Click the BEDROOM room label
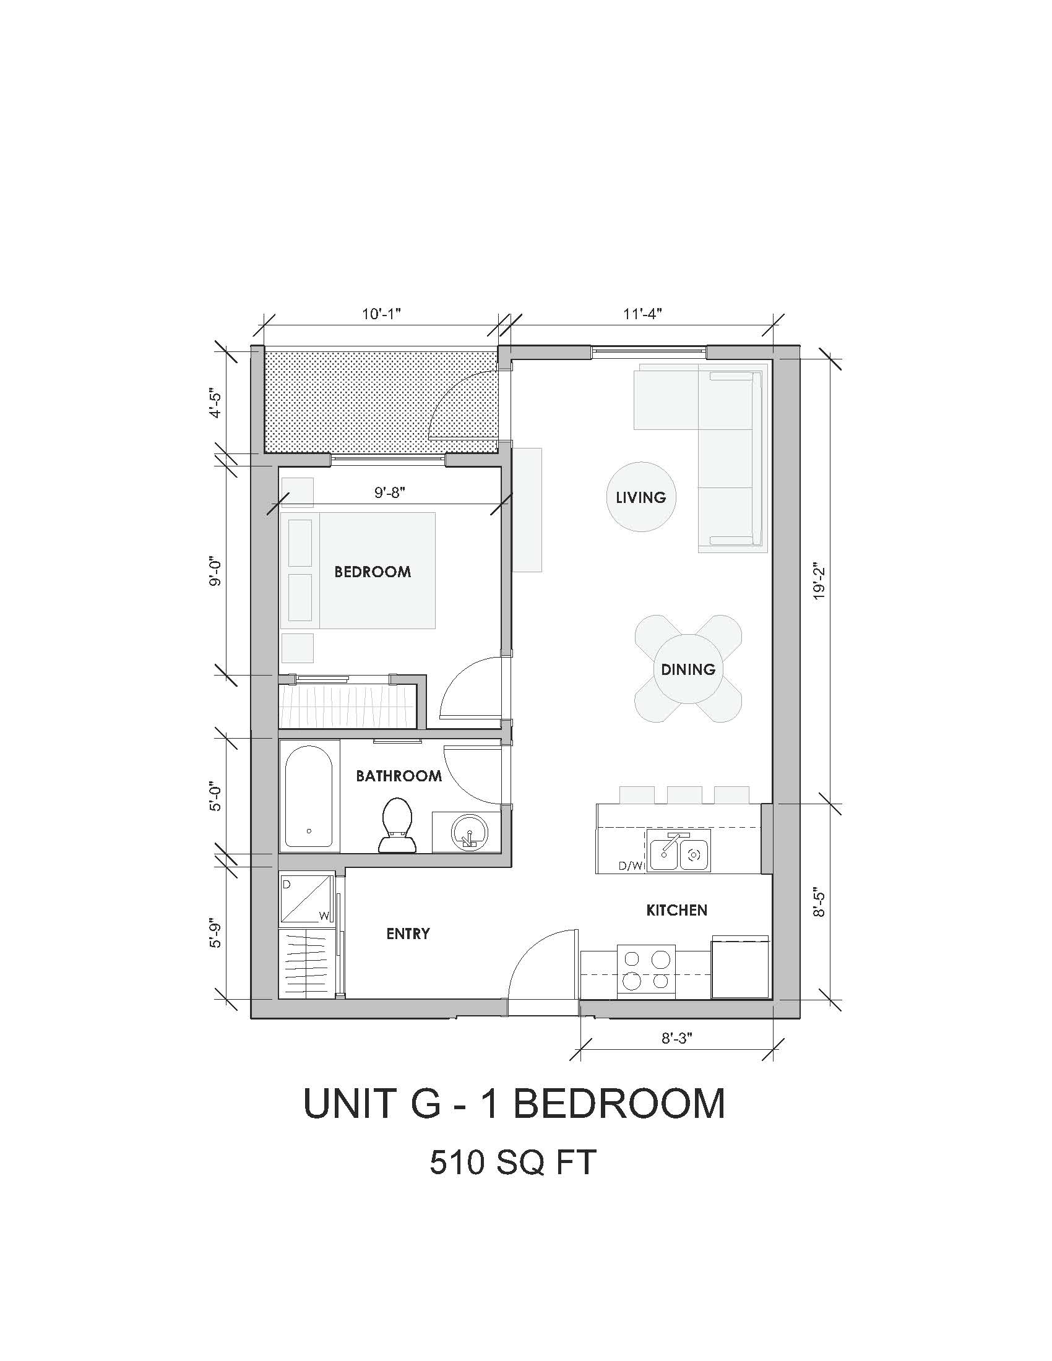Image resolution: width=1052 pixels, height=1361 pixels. pyautogui.click(x=373, y=572)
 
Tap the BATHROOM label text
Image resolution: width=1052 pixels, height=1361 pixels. pyautogui.click(x=399, y=776)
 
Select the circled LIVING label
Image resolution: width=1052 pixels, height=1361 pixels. pyautogui.click(x=640, y=497)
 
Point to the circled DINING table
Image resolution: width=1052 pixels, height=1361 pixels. pyautogui.click(x=688, y=669)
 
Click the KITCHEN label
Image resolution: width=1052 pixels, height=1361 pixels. pyautogui.click(x=677, y=911)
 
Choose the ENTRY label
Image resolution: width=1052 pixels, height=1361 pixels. pyautogui.click(x=408, y=934)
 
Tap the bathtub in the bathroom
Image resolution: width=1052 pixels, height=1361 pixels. pyautogui.click(x=309, y=796)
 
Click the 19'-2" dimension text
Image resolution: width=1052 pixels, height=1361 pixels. pyautogui.click(x=819, y=583)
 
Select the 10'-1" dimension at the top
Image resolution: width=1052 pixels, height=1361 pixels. pyautogui.click(x=381, y=314)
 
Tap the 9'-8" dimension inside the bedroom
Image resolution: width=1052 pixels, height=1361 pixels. pyautogui.click(x=390, y=492)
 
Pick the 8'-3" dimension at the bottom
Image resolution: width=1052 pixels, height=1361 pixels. pyautogui.click(x=677, y=1038)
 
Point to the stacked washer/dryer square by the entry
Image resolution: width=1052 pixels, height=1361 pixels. pyautogui.click(x=306, y=898)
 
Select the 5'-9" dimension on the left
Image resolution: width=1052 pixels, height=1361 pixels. pyautogui.click(x=215, y=933)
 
